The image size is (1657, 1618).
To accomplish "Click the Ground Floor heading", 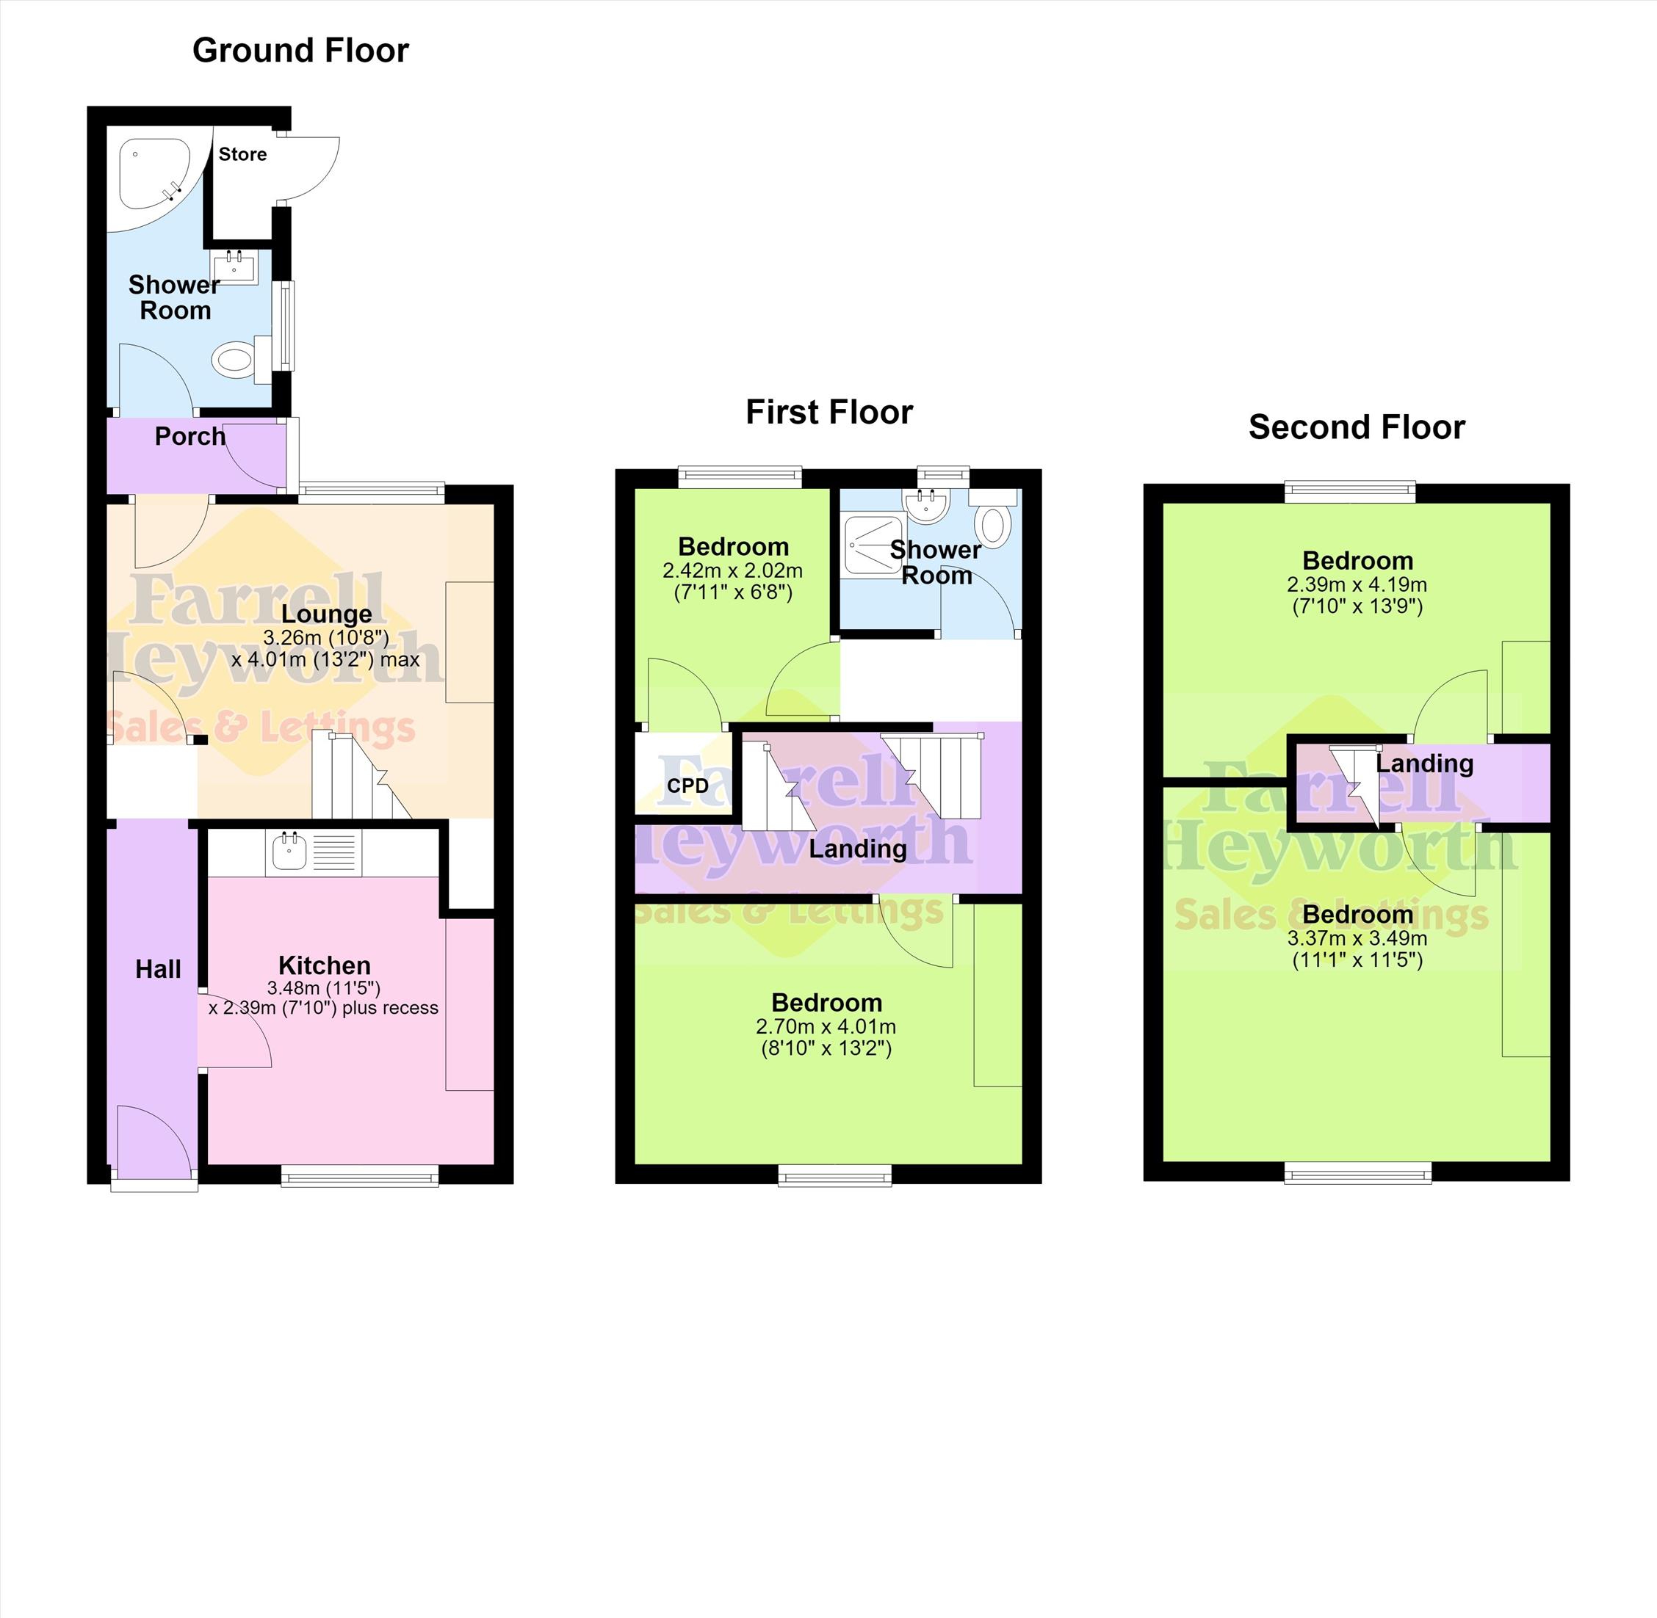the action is pyautogui.click(x=300, y=51).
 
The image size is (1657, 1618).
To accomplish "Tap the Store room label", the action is pyautogui.click(x=242, y=154).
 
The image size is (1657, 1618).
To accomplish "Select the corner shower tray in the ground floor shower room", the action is pyautogui.click(x=155, y=174).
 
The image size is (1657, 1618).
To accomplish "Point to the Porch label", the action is pyautogui.click(x=189, y=436).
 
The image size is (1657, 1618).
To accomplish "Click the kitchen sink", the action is pyautogui.click(x=289, y=852).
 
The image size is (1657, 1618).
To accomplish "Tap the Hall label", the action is pyautogui.click(x=158, y=970).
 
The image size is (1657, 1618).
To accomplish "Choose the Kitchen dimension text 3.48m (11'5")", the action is pyautogui.click(x=324, y=987).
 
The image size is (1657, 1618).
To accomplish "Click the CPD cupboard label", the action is pyautogui.click(x=687, y=786).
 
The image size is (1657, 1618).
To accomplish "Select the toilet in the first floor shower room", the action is pyautogui.click(x=992, y=518).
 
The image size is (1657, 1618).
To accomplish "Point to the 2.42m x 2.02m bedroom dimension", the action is pyautogui.click(x=733, y=571).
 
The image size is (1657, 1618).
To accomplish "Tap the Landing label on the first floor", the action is pyautogui.click(x=857, y=849).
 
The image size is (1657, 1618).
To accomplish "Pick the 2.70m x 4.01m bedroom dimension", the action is pyautogui.click(x=826, y=1027).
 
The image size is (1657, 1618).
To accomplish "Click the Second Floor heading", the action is pyautogui.click(x=1357, y=427).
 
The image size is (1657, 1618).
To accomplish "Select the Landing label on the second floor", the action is pyautogui.click(x=1424, y=764).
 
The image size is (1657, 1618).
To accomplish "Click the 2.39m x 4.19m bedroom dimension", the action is pyautogui.click(x=1357, y=584).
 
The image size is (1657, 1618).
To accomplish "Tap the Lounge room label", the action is pyautogui.click(x=326, y=614).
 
